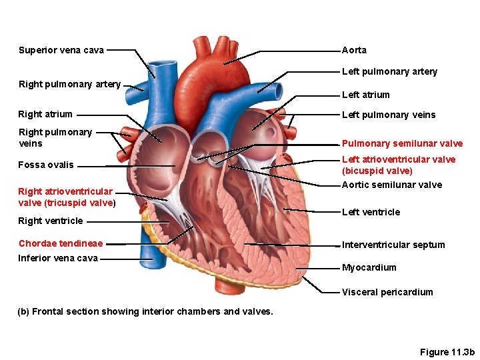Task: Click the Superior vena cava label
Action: point(61,50)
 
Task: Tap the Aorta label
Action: point(354,50)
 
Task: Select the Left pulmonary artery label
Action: point(389,71)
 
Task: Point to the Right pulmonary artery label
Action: point(69,84)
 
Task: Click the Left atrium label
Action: point(365,95)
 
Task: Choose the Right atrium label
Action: point(45,114)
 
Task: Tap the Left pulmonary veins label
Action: point(388,115)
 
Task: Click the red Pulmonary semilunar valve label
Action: point(402,143)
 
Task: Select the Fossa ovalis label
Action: point(46,165)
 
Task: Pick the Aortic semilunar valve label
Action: point(391,185)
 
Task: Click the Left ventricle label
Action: point(371,212)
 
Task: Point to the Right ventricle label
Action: point(51,221)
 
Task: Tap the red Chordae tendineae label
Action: point(61,243)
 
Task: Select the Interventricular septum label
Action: point(393,245)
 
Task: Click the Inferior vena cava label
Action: point(58,258)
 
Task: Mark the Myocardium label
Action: point(369,267)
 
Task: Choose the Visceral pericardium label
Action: point(387,292)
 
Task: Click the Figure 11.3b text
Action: point(447,352)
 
